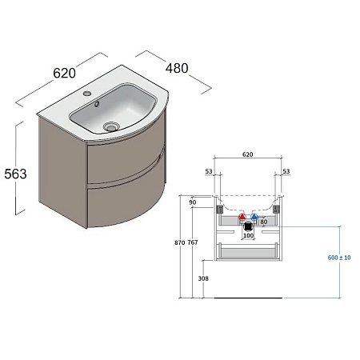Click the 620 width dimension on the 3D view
[x=65, y=73]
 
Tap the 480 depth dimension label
[x=176, y=68]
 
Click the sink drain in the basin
[x=110, y=126]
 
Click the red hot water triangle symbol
[x=241, y=217]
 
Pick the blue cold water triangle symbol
[x=254, y=217]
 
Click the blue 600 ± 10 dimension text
[x=339, y=258]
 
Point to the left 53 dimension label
[x=209, y=172]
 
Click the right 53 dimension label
[x=286, y=172]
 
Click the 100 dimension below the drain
[x=247, y=236]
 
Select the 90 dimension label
[x=193, y=203]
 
